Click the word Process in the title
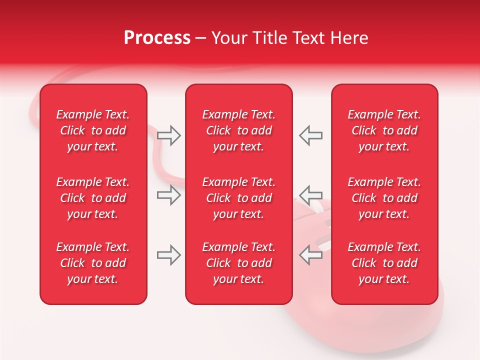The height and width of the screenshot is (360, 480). [x=157, y=38]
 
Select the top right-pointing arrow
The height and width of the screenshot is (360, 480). [x=168, y=135]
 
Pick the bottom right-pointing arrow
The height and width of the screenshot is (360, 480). [x=168, y=255]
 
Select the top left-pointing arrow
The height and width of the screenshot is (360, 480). [x=310, y=135]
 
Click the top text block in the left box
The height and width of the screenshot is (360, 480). [x=93, y=130]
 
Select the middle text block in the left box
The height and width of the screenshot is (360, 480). [x=93, y=198]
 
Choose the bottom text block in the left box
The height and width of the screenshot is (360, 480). [x=93, y=263]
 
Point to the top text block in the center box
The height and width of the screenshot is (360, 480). [x=238, y=130]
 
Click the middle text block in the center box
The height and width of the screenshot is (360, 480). [x=238, y=198]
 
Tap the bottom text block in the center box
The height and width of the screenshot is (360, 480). [x=238, y=263]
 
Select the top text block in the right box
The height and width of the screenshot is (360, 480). [x=384, y=130]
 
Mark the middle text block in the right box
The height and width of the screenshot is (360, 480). [x=384, y=198]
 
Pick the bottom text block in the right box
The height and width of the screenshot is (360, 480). [x=384, y=263]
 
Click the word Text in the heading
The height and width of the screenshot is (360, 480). [x=309, y=38]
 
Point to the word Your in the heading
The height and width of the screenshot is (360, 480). [x=229, y=38]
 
